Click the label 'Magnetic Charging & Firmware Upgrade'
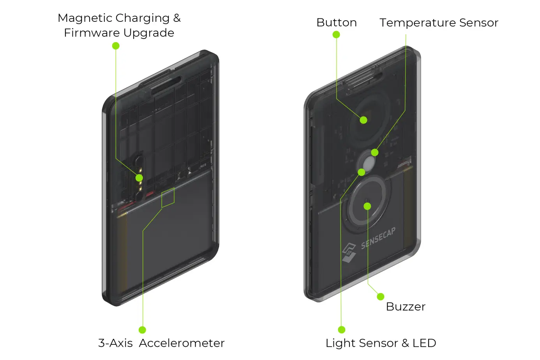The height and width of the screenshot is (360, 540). (x=119, y=25)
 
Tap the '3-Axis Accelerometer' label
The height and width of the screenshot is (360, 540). (x=161, y=343)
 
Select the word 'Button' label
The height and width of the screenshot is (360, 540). (x=336, y=23)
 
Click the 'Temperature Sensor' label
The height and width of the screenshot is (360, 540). (x=439, y=23)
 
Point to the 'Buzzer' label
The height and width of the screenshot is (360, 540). (x=405, y=307)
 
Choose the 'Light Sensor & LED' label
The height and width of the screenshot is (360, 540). (x=381, y=343)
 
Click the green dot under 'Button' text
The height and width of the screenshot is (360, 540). (x=336, y=35)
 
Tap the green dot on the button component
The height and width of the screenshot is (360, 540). (x=364, y=120)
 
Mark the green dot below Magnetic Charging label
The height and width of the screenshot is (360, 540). (x=116, y=46)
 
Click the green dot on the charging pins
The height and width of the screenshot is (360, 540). (x=139, y=178)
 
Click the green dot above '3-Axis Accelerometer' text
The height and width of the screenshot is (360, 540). (x=142, y=330)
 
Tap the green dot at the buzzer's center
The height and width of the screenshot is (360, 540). (x=367, y=206)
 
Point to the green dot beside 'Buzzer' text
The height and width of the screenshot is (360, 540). (x=381, y=297)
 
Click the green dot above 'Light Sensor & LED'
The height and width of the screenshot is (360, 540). (x=342, y=330)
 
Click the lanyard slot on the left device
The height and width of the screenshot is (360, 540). (x=166, y=85)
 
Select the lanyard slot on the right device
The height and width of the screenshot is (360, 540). (x=362, y=83)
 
